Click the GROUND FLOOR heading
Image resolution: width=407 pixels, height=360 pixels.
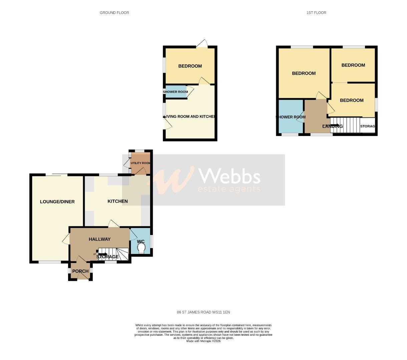(x=114, y=13)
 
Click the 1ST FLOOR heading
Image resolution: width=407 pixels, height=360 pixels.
(x=316, y=13)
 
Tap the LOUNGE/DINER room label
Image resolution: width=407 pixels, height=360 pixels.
(x=57, y=202)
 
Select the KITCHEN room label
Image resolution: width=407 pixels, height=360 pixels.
(x=117, y=201)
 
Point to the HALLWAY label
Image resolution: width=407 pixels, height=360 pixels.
(x=99, y=239)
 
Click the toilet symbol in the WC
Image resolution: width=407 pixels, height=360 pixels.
(x=141, y=249)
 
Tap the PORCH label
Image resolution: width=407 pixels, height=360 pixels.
(x=80, y=271)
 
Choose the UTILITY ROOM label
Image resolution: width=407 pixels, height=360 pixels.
(x=140, y=163)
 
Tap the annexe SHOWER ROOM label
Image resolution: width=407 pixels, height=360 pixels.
(x=175, y=92)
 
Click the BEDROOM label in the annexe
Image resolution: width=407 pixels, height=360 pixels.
(x=190, y=66)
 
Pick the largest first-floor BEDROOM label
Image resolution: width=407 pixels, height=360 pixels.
(x=304, y=73)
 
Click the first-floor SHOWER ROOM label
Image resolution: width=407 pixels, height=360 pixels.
(x=290, y=117)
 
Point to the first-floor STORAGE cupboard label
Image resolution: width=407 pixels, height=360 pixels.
(x=368, y=126)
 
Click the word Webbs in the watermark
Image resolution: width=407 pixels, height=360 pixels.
(x=229, y=176)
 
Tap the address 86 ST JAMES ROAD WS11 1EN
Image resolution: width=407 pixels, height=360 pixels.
(x=203, y=312)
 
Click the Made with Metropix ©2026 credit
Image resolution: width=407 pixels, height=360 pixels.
(x=203, y=341)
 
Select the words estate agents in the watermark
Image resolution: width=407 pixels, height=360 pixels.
(x=229, y=189)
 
